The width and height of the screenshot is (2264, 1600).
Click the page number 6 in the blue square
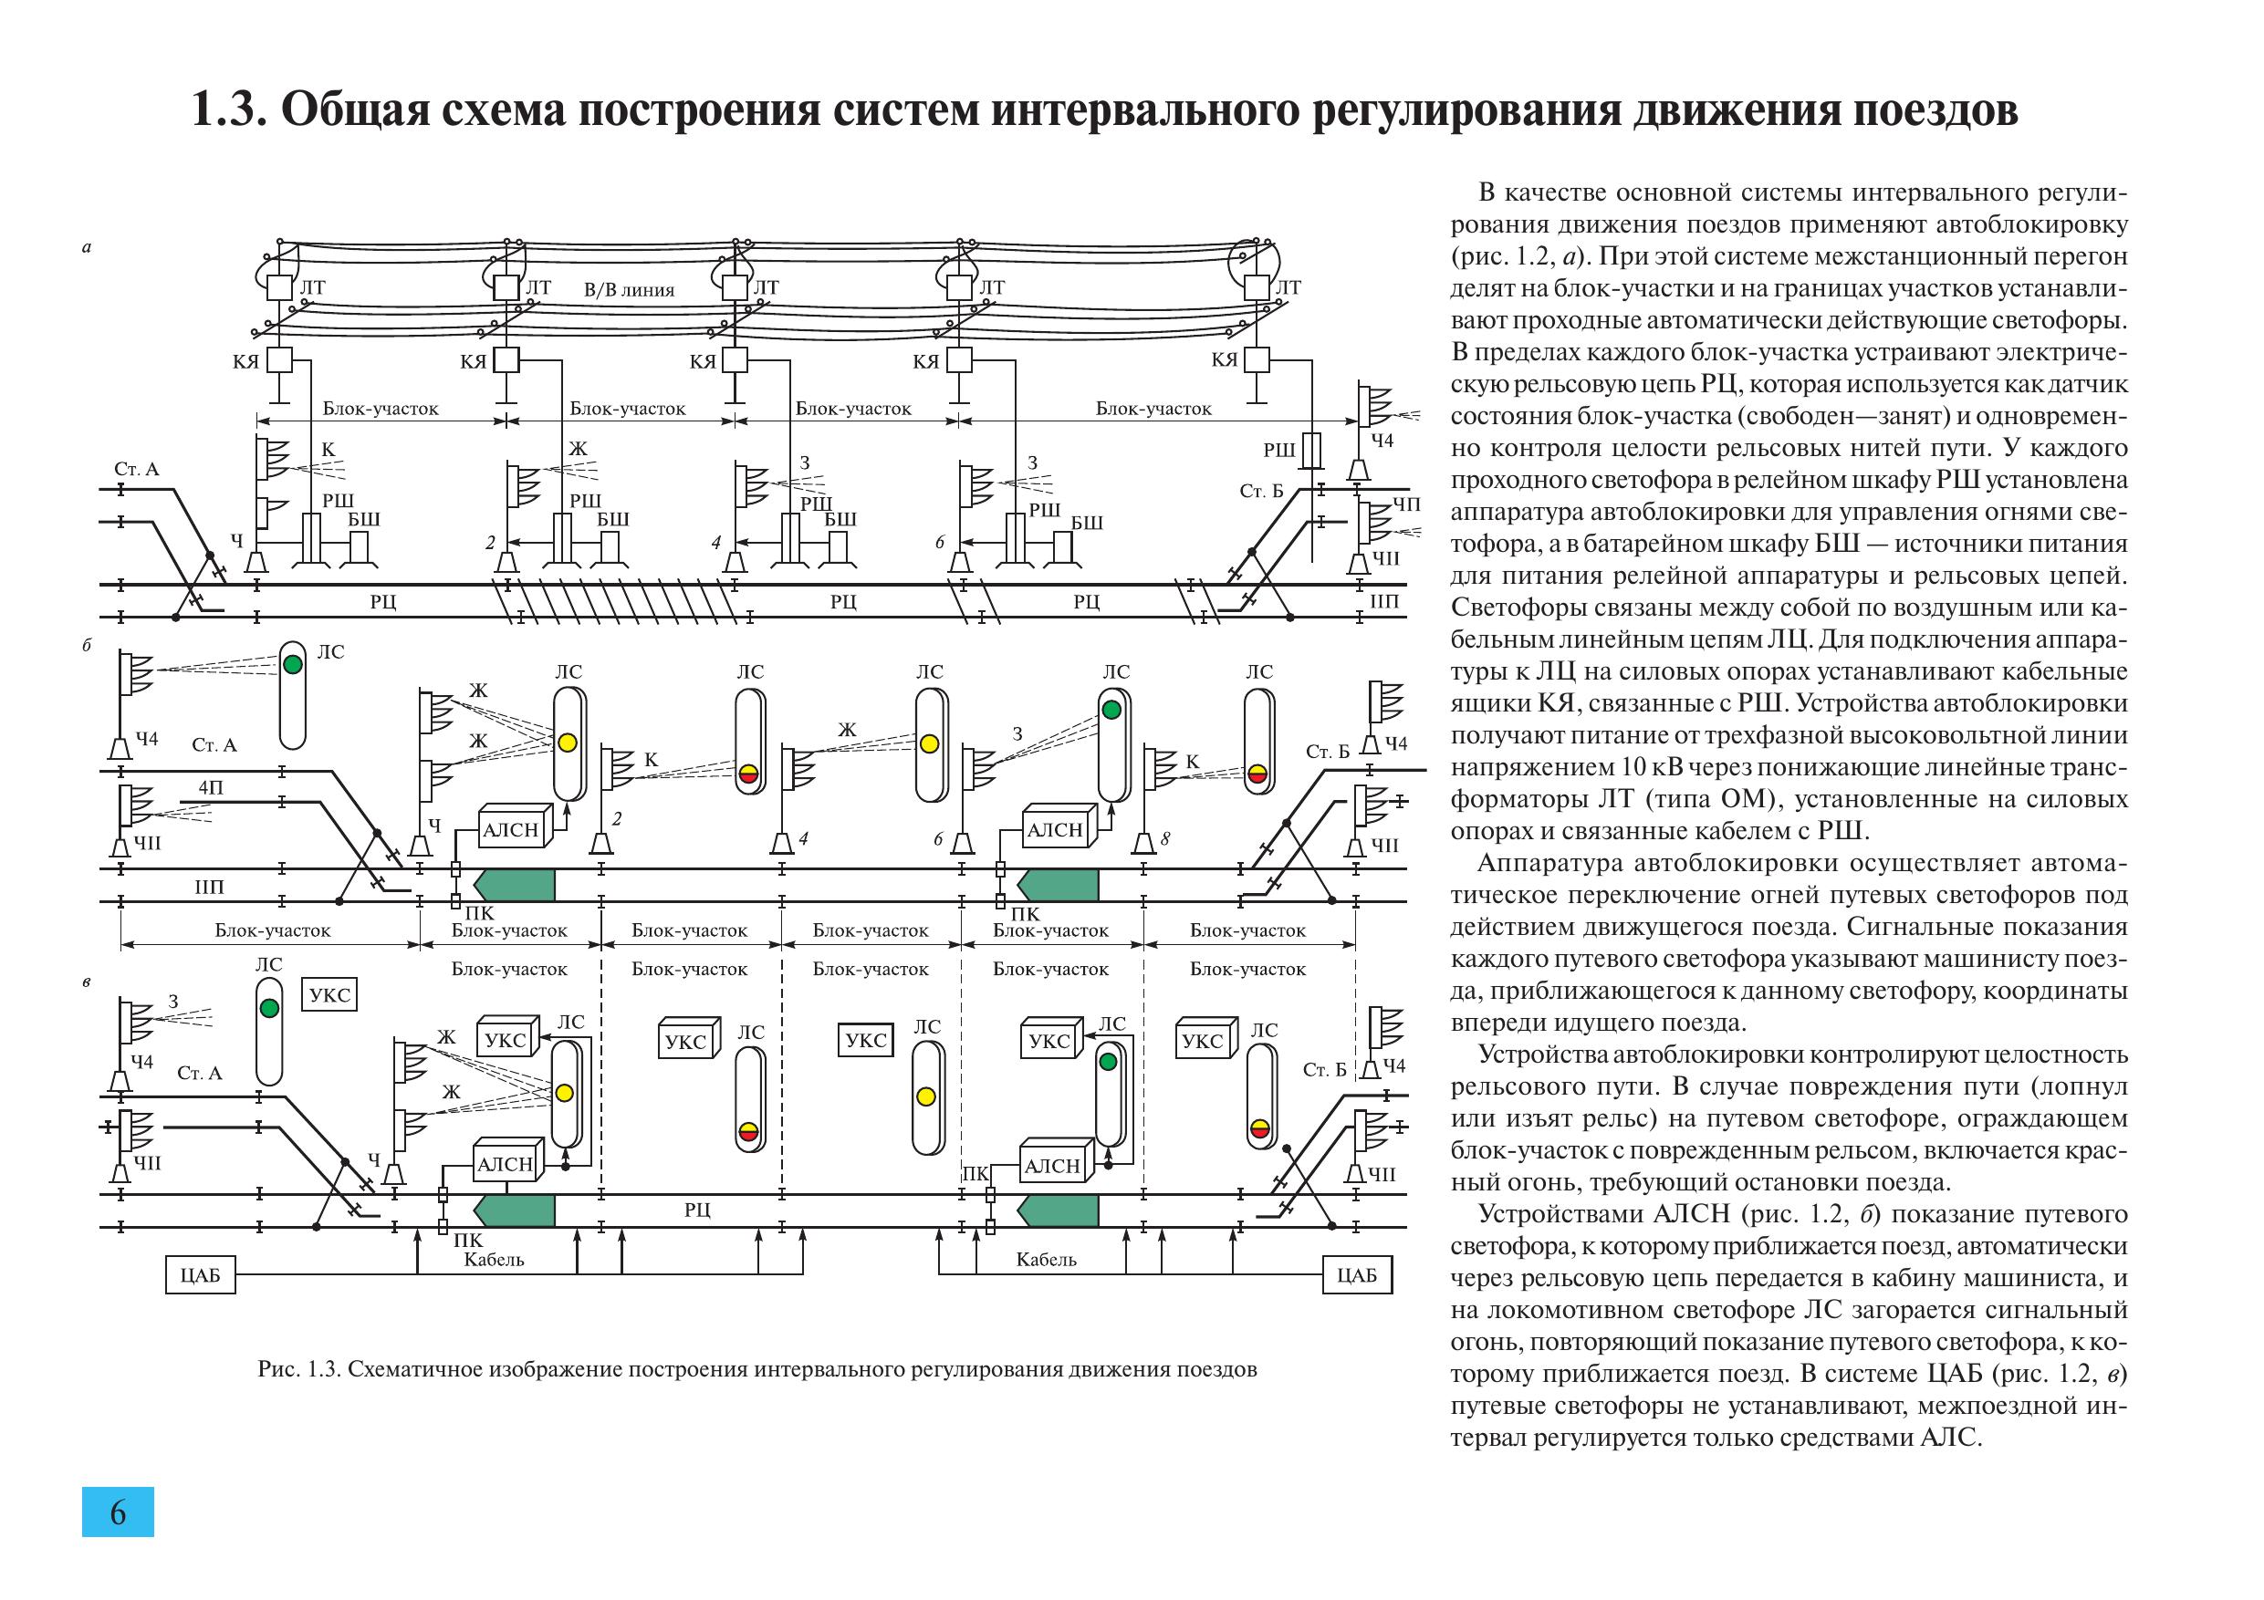(x=119, y=1512)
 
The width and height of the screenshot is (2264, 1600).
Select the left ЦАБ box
(x=200, y=1275)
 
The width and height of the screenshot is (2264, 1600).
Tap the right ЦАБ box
(x=1357, y=1274)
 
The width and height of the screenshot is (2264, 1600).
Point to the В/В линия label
(x=629, y=290)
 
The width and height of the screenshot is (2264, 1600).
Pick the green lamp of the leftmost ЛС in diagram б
(x=293, y=663)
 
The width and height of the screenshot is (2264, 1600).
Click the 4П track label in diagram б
(x=211, y=787)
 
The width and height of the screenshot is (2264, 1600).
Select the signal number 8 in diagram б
(x=1165, y=838)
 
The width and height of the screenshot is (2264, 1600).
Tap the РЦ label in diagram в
(x=697, y=1210)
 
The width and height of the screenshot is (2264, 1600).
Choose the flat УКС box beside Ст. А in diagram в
(x=329, y=994)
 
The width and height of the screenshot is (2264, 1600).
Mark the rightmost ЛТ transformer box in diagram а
(x=1257, y=286)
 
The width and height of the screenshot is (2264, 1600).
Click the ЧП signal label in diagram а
(x=1407, y=504)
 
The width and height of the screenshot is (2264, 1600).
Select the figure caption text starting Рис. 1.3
(x=757, y=1369)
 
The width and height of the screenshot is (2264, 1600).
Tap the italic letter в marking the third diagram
(x=87, y=982)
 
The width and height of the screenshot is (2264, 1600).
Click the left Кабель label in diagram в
(x=493, y=1259)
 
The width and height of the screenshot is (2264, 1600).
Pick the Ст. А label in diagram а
(x=136, y=469)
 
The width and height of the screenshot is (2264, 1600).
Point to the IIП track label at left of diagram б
(x=209, y=887)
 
